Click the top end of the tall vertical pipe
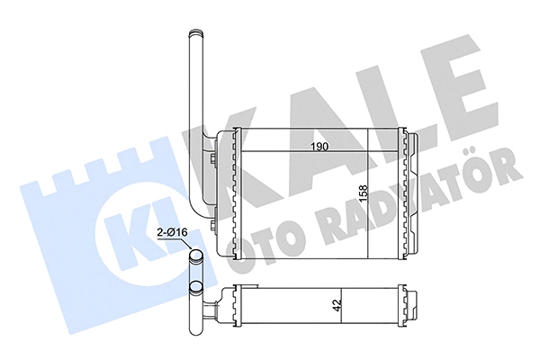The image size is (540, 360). pos(193,36)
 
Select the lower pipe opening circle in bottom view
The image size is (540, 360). pos(196,289)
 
